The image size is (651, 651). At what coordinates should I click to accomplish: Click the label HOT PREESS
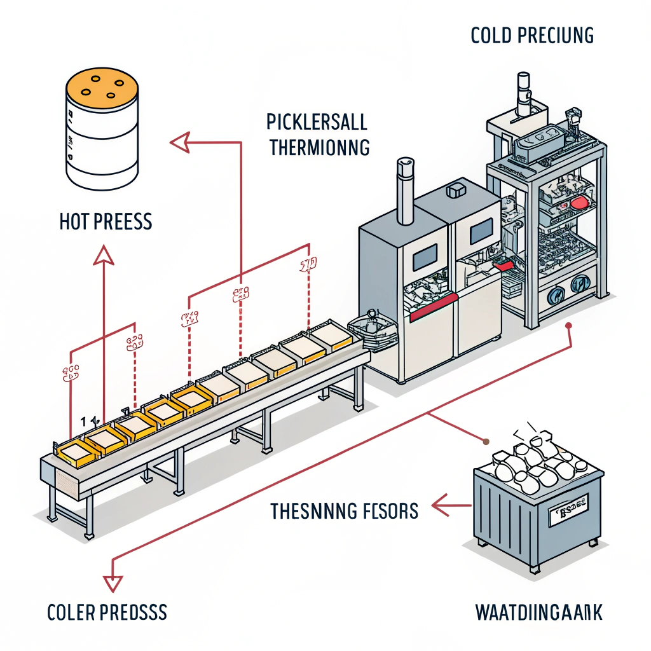pyautogui.click(x=106, y=222)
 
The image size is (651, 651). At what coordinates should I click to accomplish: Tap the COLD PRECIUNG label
pyautogui.click(x=532, y=36)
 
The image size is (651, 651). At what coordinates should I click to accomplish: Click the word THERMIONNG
pyautogui.click(x=319, y=147)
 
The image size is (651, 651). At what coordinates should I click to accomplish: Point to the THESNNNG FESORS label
pyautogui.click(x=344, y=510)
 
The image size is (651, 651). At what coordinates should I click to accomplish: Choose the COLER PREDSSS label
pyautogui.click(x=107, y=613)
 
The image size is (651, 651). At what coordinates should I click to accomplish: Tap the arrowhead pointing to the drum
pyautogui.click(x=181, y=142)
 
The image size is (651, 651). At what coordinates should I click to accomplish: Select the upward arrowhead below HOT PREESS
pyautogui.click(x=103, y=256)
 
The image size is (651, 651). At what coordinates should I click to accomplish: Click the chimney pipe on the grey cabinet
pyautogui.click(x=404, y=191)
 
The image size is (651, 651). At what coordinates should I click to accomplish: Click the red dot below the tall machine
pyautogui.click(x=569, y=325)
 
